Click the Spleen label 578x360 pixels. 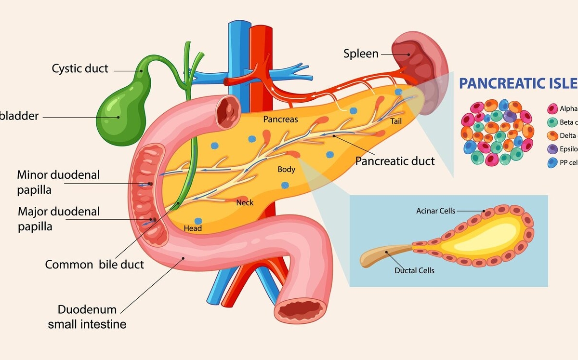pyautogui.click(x=361, y=53)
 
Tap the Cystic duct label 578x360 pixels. pyautogui.click(x=80, y=68)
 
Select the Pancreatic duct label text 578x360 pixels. pyautogui.click(x=395, y=160)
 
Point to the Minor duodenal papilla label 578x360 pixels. pyautogui.click(x=58, y=182)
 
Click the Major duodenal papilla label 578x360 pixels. pyautogui.click(x=59, y=218)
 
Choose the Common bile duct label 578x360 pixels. pyautogui.click(x=94, y=264)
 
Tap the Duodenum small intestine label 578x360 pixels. pyautogui.click(x=87, y=317)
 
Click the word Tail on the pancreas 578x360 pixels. pyautogui.click(x=396, y=121)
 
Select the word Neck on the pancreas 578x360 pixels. pyautogui.click(x=245, y=203)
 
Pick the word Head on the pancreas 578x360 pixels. pyautogui.click(x=193, y=228)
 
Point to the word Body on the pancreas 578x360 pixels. pyautogui.click(x=286, y=170)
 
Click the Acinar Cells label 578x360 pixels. pyautogui.click(x=435, y=211)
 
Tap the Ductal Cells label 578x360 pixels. pyautogui.click(x=414, y=270)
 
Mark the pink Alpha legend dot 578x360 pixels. pyautogui.click(x=553, y=108)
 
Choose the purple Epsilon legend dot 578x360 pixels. pyautogui.click(x=553, y=149)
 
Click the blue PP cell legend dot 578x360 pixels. pyautogui.click(x=553, y=162)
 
